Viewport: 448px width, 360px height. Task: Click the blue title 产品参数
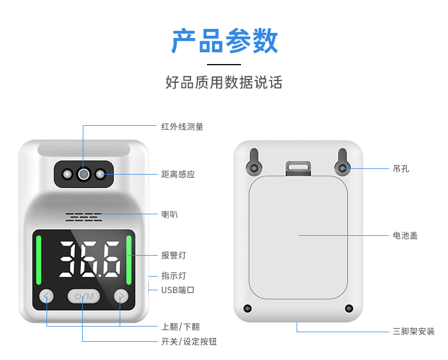pyautogui.click(x=225, y=41)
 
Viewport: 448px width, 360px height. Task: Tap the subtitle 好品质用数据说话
pyautogui.click(x=224, y=82)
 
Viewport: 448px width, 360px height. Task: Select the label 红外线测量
pyautogui.click(x=182, y=126)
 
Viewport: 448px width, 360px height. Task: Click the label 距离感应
pyautogui.click(x=178, y=174)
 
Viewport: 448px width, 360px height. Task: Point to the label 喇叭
pyautogui.click(x=170, y=214)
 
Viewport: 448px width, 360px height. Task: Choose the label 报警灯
pyautogui.click(x=174, y=255)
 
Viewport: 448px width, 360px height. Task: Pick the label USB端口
pyautogui.click(x=177, y=290)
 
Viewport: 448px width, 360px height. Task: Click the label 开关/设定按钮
pyautogui.click(x=189, y=341)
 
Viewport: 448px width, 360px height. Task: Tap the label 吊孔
pyautogui.click(x=401, y=169)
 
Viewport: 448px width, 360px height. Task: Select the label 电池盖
pyautogui.click(x=405, y=235)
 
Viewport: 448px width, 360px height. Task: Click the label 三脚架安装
pyautogui.click(x=414, y=332)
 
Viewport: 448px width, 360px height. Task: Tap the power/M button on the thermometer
pyautogui.click(x=84, y=297)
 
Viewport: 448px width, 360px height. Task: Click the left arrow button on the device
pyautogui.click(x=47, y=297)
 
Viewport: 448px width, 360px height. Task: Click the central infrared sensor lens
pyautogui.click(x=84, y=173)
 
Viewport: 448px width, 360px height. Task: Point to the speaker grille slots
pyautogui.click(x=84, y=217)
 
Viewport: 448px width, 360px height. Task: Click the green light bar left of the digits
pyautogui.click(x=39, y=260)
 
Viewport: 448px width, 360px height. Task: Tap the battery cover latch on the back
pyautogui.click(x=298, y=168)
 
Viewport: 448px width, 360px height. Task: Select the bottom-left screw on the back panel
pyautogui.click(x=247, y=308)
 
